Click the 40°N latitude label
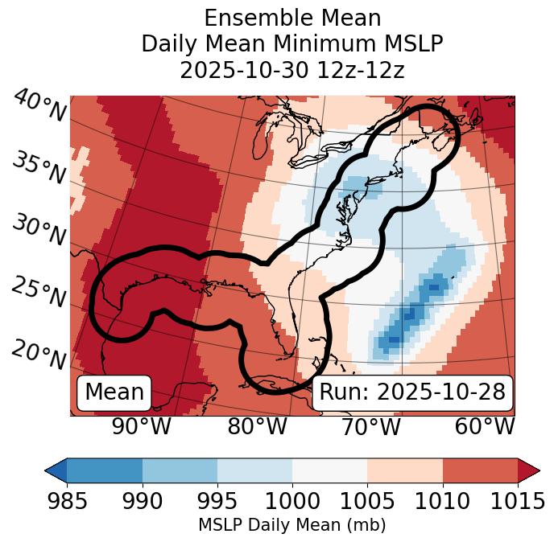coord(39,107)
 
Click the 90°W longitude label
coord(141,427)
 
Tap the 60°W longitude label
coord(485,427)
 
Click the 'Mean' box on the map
coord(114,392)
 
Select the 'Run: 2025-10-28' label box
coord(412,392)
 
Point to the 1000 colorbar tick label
coord(292,501)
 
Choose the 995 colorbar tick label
coord(217,501)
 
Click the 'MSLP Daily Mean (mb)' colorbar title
coord(292,526)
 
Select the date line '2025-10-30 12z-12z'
coord(292,71)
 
